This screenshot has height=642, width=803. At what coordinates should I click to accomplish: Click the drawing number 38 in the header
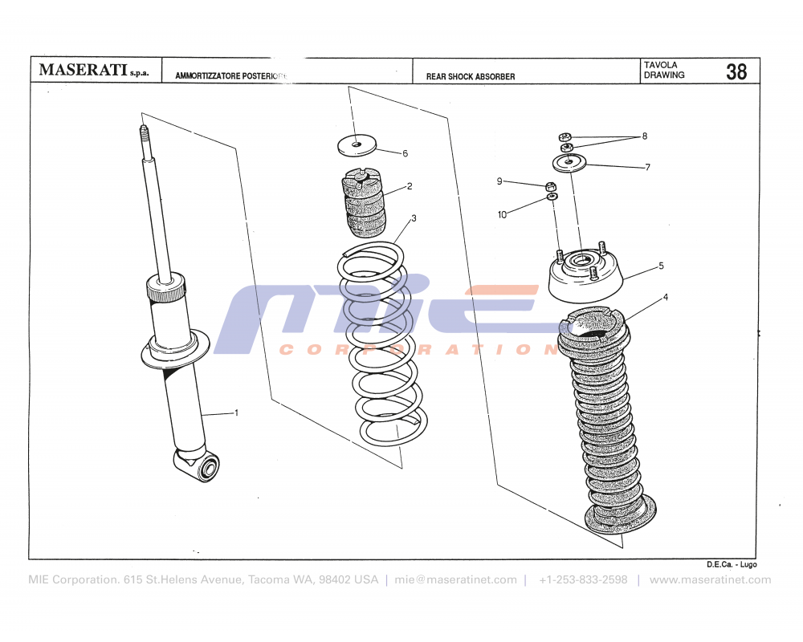[x=736, y=71]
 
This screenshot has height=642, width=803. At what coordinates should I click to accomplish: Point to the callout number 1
[x=236, y=412]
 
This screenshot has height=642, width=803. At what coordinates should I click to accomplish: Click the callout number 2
[x=410, y=186]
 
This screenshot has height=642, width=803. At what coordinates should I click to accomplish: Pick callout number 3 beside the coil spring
[x=414, y=218]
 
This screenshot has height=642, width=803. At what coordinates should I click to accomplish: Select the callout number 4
[x=665, y=297]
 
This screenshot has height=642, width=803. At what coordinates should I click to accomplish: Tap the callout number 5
[x=661, y=265]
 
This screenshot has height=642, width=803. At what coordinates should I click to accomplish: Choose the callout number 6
[x=405, y=153]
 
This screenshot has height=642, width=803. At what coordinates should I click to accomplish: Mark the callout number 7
[x=647, y=168]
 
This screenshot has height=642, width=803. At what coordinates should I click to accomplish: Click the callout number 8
[x=644, y=136]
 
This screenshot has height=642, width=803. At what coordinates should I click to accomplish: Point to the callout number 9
[x=499, y=181]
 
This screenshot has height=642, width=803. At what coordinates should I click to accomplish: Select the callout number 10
[x=502, y=214]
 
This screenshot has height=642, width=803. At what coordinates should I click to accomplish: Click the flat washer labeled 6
[x=357, y=145]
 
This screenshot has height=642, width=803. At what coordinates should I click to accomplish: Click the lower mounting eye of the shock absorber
[x=207, y=466]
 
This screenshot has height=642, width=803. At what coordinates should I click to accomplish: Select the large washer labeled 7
[x=569, y=164]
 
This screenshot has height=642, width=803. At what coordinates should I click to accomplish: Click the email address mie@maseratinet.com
[x=456, y=580]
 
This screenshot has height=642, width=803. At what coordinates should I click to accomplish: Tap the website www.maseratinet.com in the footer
[x=710, y=580]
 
